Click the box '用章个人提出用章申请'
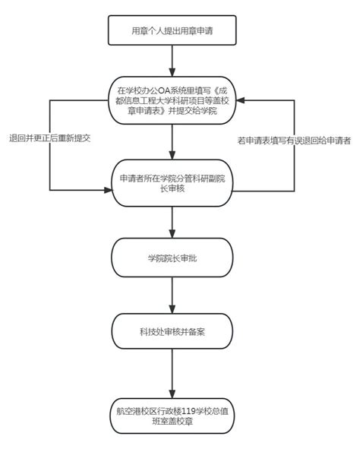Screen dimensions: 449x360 (173, 31)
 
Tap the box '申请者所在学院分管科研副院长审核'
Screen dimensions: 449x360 (173, 185)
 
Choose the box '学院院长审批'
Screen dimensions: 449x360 (173, 258)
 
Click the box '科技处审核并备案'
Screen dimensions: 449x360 (173, 331)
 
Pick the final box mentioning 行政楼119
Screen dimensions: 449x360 (173, 417)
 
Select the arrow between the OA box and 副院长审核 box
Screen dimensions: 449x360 (173, 143)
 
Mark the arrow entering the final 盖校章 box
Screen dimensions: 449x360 (173, 372)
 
